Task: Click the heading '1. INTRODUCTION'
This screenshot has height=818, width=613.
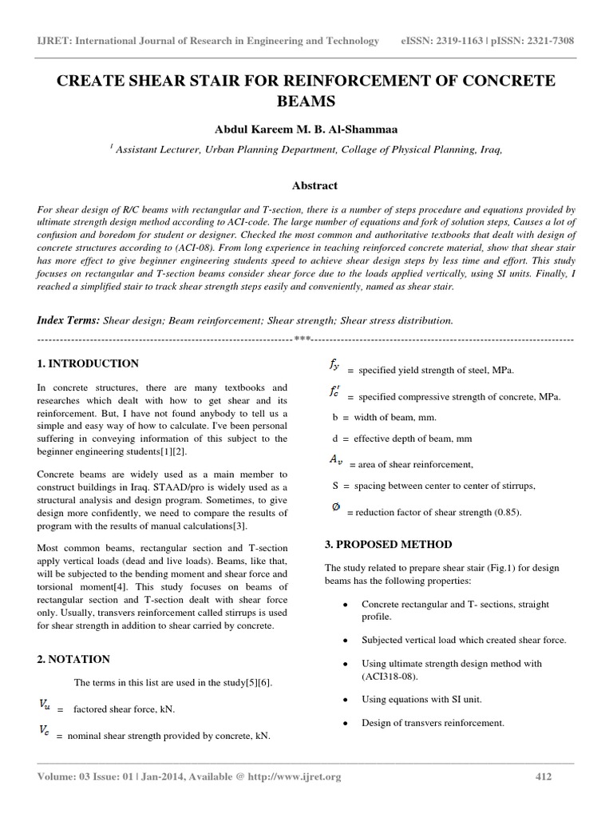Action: tap(89, 363)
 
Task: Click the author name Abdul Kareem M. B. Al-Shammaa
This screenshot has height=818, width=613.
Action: tap(306, 129)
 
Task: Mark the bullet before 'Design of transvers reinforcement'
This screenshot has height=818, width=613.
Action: tap(344, 724)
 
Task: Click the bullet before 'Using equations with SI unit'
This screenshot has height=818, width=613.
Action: tap(344, 699)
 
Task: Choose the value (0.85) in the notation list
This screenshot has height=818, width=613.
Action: tap(504, 512)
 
